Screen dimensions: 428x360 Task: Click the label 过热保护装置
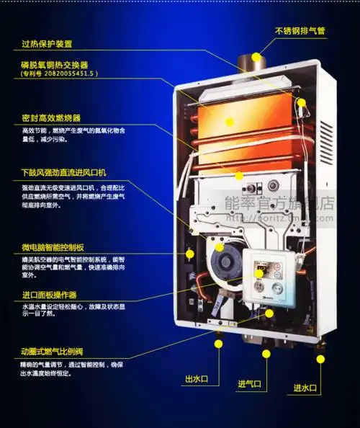pos(47,44)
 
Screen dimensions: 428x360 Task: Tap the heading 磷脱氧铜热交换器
pos(55,64)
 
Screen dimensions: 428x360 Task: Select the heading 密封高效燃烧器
pos(50,117)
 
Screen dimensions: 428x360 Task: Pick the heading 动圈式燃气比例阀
pos(53,351)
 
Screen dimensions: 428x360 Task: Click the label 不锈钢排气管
pos(300,30)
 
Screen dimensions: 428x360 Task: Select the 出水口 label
pos(197,379)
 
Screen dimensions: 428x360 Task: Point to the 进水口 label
pos(305,388)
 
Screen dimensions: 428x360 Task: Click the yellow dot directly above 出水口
pos(217,344)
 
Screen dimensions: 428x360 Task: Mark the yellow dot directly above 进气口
pos(266,353)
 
